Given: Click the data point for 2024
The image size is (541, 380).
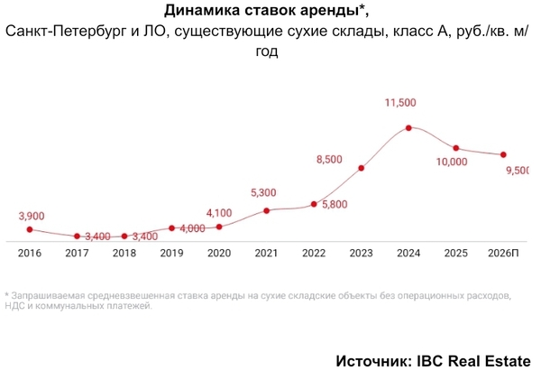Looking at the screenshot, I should [408, 128].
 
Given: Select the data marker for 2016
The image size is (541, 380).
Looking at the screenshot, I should [29, 229].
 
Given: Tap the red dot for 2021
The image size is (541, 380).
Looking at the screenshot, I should [267, 210].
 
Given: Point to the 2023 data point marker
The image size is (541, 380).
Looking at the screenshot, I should [362, 168].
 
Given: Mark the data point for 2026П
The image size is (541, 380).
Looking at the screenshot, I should [503, 154].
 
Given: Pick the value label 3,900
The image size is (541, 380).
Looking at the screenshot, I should [31, 216].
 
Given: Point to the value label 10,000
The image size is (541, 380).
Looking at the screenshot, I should [451, 162].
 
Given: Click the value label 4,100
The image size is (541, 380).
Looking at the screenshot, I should [219, 213].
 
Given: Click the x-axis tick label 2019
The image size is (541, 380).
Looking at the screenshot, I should [172, 254].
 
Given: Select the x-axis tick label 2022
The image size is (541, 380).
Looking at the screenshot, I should [314, 254].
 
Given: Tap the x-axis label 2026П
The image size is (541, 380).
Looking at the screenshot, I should [503, 254].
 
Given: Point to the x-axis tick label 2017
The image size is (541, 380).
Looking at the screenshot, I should [78, 254].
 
